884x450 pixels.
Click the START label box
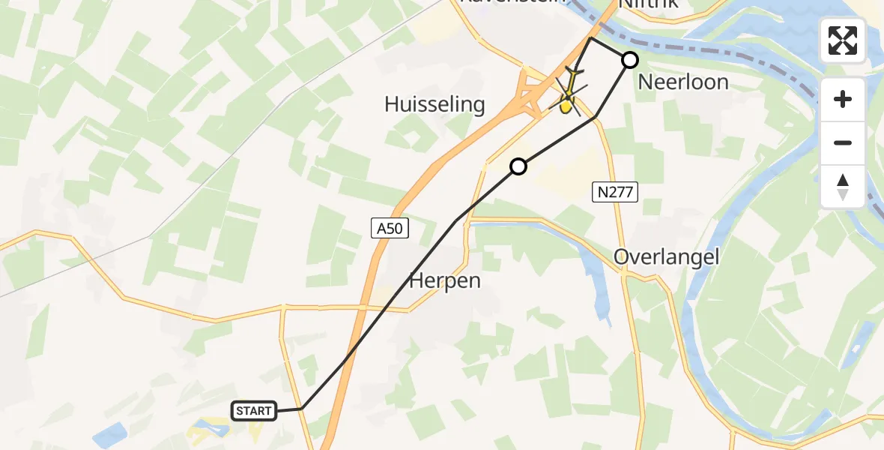254,410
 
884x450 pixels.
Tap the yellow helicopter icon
569,95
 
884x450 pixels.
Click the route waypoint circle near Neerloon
630,60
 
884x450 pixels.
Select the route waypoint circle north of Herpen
518,166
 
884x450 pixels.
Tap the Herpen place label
445,281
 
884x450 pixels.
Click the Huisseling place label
435,104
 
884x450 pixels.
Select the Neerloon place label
683,82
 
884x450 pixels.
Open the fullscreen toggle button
843,40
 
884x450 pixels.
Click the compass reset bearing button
843,187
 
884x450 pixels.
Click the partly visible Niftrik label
649,4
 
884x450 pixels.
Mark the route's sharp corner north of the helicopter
590,37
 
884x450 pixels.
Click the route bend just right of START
301,408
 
